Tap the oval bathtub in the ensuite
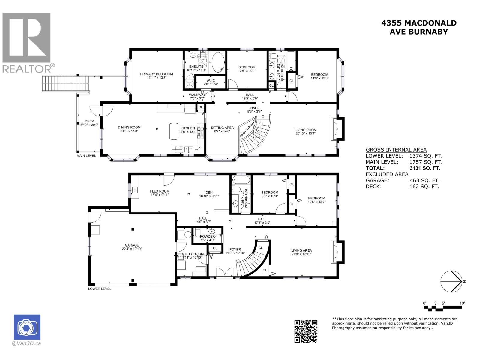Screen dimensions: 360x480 218,62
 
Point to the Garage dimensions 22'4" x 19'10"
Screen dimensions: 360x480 132,249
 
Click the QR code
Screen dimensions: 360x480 306,331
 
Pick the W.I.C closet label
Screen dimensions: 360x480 210,81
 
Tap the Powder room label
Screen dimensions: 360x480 207,236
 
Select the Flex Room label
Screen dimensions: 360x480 160,191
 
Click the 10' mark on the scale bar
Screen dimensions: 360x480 462,303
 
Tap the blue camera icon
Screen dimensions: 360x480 27,327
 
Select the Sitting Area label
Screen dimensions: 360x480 222,127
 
